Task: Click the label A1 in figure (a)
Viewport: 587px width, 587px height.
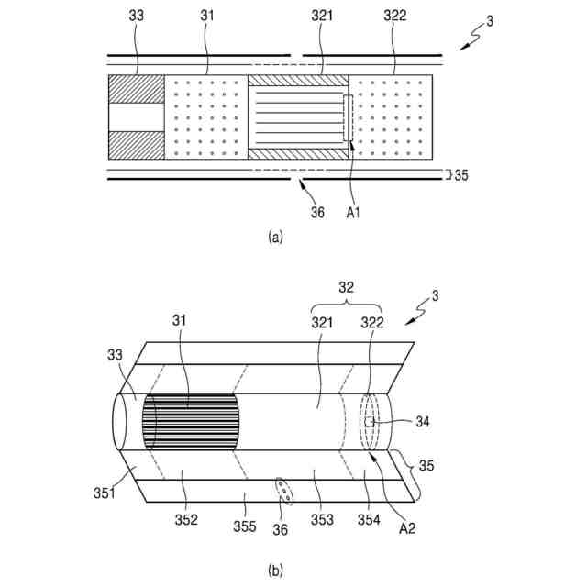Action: point(352,214)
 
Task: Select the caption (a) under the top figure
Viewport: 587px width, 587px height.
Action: point(275,237)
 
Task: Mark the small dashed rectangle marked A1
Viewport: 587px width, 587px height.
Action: point(348,117)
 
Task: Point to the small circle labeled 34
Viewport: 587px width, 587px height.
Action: point(371,423)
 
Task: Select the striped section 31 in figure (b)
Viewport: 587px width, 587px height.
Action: point(191,423)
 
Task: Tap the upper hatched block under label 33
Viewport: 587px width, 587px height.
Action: point(136,89)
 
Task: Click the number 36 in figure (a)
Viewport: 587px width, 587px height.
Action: point(316,213)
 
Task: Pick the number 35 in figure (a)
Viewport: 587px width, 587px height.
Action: point(460,174)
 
